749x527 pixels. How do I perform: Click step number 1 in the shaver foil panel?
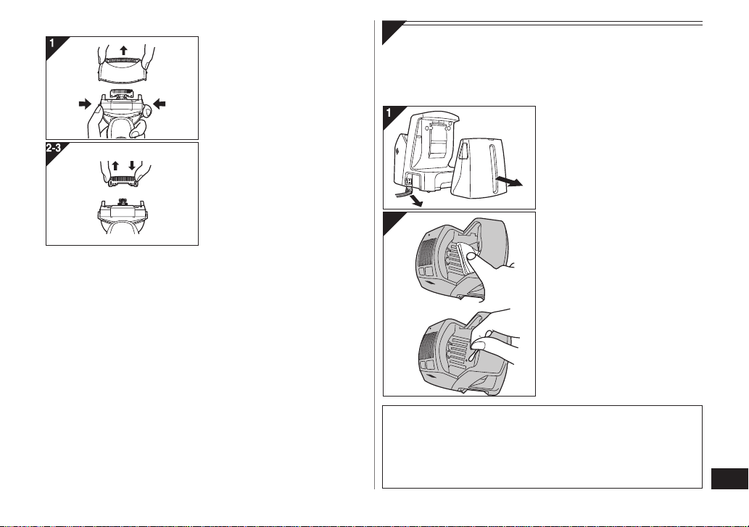[52, 43]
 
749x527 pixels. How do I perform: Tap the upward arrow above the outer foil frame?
[124, 50]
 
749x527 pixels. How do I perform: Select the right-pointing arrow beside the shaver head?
[85, 104]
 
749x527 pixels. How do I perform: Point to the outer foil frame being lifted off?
[123, 69]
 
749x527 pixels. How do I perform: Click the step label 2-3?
[54, 148]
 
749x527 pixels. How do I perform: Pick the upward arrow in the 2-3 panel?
[115, 166]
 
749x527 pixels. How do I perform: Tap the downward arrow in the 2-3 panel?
[132, 166]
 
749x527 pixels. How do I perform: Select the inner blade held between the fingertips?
[123, 181]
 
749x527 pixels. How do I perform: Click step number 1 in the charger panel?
[389, 112]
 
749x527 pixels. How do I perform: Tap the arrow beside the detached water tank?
[509, 181]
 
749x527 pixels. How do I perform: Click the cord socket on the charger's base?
[408, 181]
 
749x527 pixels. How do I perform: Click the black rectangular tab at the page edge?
[729, 478]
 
